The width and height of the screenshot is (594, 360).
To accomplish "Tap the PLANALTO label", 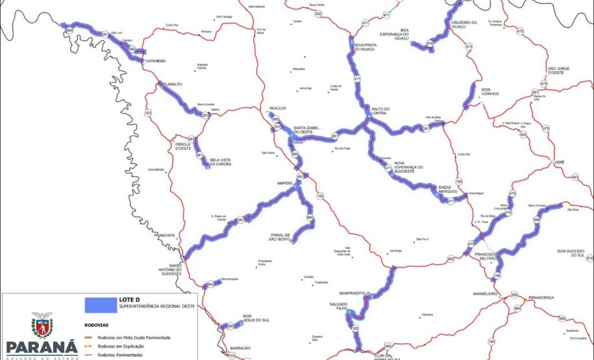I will point(172,84).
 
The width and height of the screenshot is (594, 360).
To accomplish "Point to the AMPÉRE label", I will point(286,184).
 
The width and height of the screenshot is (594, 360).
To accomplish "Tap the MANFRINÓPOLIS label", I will point(354,293).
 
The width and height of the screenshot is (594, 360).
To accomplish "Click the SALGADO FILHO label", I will point(338,307).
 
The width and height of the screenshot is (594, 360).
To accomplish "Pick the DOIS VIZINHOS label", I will point(490,92).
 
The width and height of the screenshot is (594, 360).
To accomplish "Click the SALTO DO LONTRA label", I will point(380,112).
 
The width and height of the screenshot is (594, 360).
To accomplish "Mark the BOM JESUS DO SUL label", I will point(251,318).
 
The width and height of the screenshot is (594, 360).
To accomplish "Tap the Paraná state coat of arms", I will point(42,324).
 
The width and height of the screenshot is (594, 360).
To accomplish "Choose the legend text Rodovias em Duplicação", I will point(126,346).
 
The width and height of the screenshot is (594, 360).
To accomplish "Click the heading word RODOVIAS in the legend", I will point(97,326).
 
